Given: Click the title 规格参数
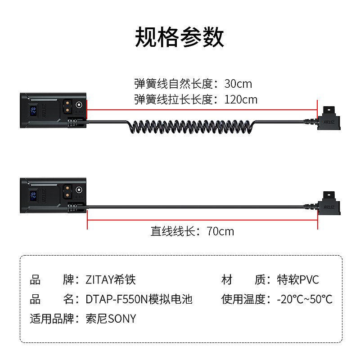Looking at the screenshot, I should [x=180, y=37].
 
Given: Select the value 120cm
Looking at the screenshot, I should [x=241, y=99].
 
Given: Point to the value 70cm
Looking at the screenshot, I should [x=220, y=231].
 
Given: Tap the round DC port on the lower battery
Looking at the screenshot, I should [x=79, y=191].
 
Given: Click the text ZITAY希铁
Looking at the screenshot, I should [x=110, y=280].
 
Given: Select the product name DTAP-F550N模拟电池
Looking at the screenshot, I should [x=139, y=299].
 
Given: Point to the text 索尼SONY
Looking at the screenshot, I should [x=110, y=319].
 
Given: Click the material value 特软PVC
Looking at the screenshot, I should [x=298, y=280].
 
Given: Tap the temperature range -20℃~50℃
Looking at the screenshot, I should [x=305, y=299].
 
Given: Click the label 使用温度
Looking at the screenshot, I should [x=243, y=299].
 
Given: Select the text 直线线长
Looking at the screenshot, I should [x=173, y=231].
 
